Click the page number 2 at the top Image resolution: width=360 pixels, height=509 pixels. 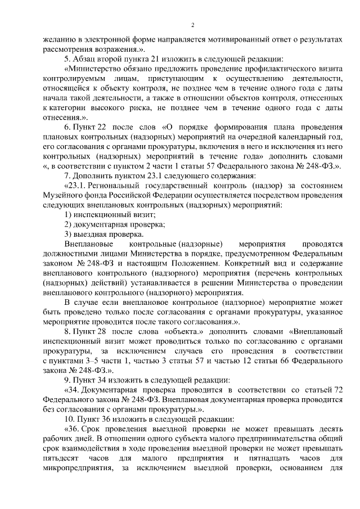192,25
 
